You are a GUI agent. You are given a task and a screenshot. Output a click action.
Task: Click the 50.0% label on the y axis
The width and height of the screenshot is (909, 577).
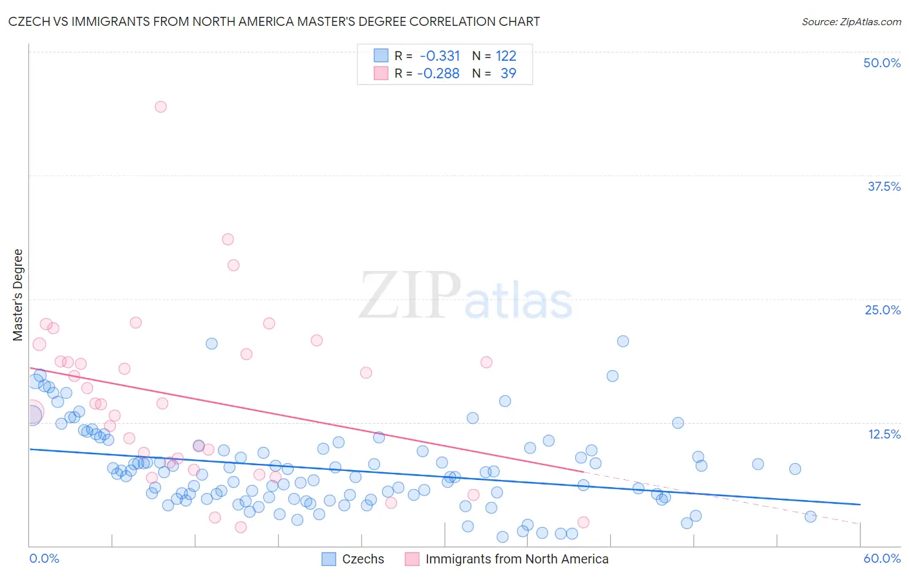pos(882,63)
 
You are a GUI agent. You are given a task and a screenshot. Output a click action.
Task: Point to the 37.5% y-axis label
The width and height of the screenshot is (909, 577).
pos(884,186)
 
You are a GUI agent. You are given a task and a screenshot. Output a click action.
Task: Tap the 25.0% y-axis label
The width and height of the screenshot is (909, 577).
pos(882,310)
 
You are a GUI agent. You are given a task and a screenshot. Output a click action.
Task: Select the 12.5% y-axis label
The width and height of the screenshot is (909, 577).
pos(884,434)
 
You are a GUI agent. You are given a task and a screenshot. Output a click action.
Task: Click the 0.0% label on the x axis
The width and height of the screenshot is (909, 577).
pos(44,558)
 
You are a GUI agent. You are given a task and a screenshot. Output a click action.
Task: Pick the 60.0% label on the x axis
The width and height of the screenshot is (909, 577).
pos(882,558)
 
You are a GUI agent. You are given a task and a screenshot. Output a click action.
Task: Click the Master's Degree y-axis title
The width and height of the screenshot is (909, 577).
pos(17,295)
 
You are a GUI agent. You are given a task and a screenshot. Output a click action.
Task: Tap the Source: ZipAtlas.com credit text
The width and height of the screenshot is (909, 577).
pos(851,21)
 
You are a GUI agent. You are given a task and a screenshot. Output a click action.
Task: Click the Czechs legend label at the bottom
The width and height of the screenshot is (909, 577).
pos(363,559)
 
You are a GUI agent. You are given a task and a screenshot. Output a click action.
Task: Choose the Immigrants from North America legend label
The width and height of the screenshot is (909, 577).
pos(517,559)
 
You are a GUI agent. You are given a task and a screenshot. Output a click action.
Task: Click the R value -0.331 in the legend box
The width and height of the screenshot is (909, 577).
pos(440,56)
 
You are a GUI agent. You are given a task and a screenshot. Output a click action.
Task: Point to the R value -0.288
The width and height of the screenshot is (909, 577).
pos(438,74)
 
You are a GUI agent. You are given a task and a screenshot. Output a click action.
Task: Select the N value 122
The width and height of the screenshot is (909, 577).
pos(506,56)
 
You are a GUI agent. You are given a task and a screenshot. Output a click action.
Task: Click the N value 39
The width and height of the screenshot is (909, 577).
pos(508,74)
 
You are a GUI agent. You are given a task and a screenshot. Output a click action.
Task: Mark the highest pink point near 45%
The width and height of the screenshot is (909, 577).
pos(160,107)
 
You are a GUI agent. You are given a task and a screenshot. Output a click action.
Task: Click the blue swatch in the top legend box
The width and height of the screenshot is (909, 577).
pos(381,56)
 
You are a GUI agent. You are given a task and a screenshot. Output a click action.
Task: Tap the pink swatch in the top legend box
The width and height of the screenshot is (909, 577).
pos(381,73)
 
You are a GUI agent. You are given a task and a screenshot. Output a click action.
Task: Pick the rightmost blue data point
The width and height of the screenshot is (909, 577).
pos(810,516)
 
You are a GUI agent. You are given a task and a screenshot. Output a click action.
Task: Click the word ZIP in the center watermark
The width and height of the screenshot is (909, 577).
pos(409,296)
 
